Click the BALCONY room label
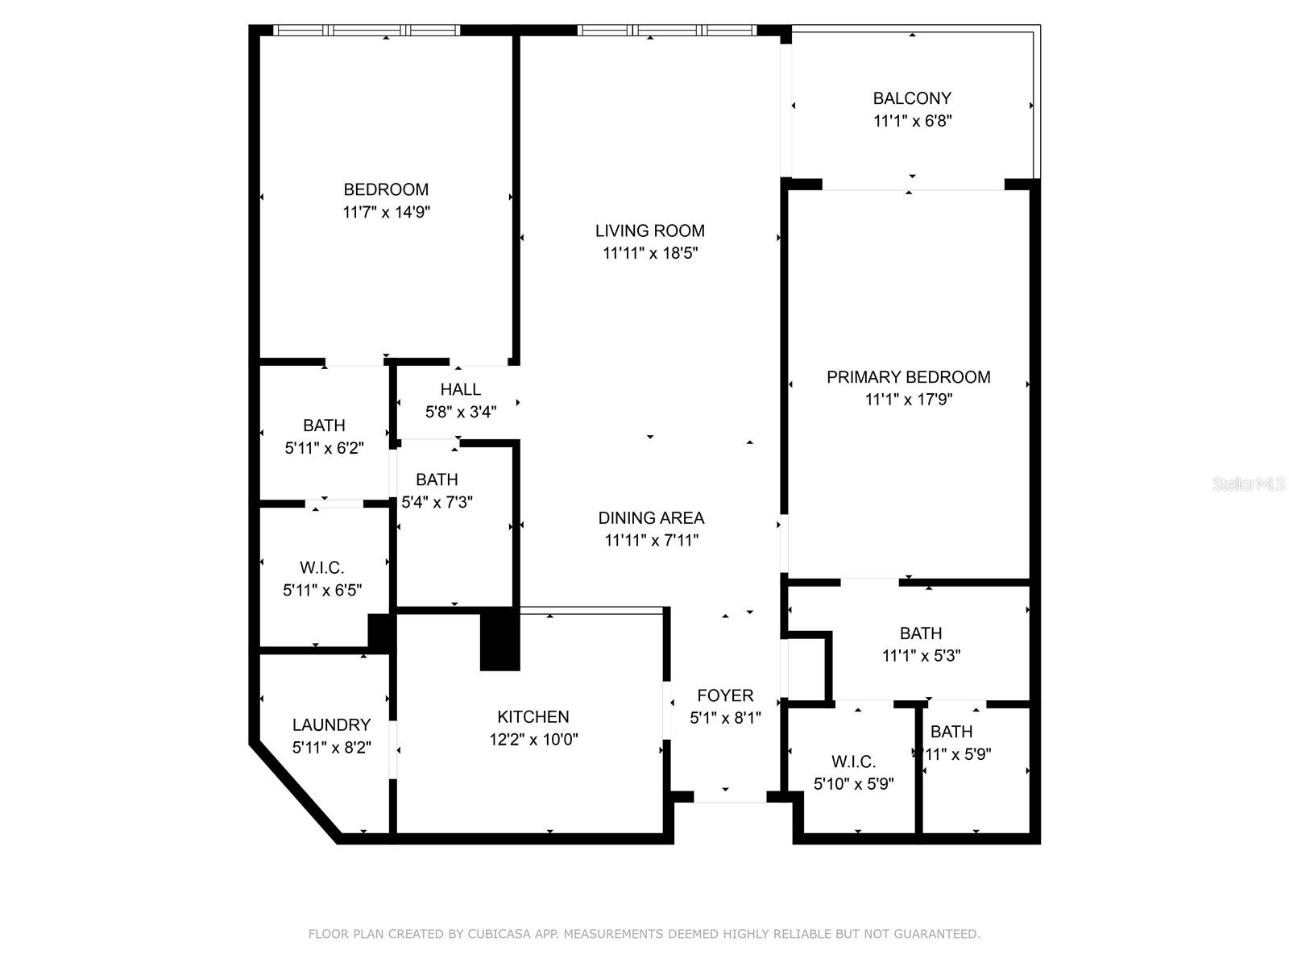click(x=912, y=98)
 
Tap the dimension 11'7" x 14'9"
click(x=386, y=212)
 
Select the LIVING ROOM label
click(x=649, y=230)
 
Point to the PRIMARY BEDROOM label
click(x=908, y=376)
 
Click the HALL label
click(x=460, y=389)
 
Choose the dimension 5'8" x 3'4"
click(x=460, y=412)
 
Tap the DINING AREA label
click(x=650, y=517)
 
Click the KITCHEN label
click(x=533, y=716)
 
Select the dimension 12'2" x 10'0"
click(x=533, y=739)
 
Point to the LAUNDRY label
click(x=331, y=724)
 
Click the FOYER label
click(x=725, y=695)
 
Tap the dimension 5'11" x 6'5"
click(x=322, y=590)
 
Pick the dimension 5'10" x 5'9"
click(x=853, y=783)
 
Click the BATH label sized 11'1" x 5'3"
click(x=921, y=633)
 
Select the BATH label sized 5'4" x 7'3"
click(x=437, y=479)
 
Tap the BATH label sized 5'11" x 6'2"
click(x=324, y=425)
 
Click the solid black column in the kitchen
click(x=499, y=639)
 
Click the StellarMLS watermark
click(x=1248, y=484)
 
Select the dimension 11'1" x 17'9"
click(x=908, y=399)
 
